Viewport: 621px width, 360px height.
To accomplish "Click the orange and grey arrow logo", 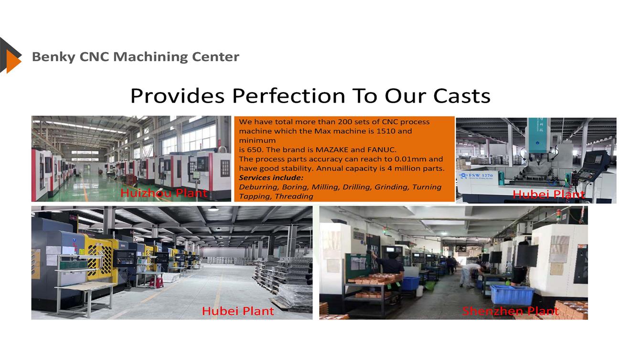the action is (x=10, y=55).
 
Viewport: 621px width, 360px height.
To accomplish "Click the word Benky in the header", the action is (x=54, y=57).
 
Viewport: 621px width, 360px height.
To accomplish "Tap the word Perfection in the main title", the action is (x=289, y=96).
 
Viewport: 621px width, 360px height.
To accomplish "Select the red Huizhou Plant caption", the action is (x=163, y=193).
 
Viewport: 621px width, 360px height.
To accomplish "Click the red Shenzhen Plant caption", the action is (x=510, y=311).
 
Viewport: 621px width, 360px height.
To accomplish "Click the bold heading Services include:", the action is (x=271, y=178).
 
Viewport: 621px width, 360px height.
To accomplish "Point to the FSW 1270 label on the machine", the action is (x=481, y=175).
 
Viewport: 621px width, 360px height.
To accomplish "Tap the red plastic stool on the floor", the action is (x=156, y=283).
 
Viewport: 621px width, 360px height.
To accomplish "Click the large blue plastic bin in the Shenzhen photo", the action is (x=512, y=294).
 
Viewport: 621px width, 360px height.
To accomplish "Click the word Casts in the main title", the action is (x=462, y=96).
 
